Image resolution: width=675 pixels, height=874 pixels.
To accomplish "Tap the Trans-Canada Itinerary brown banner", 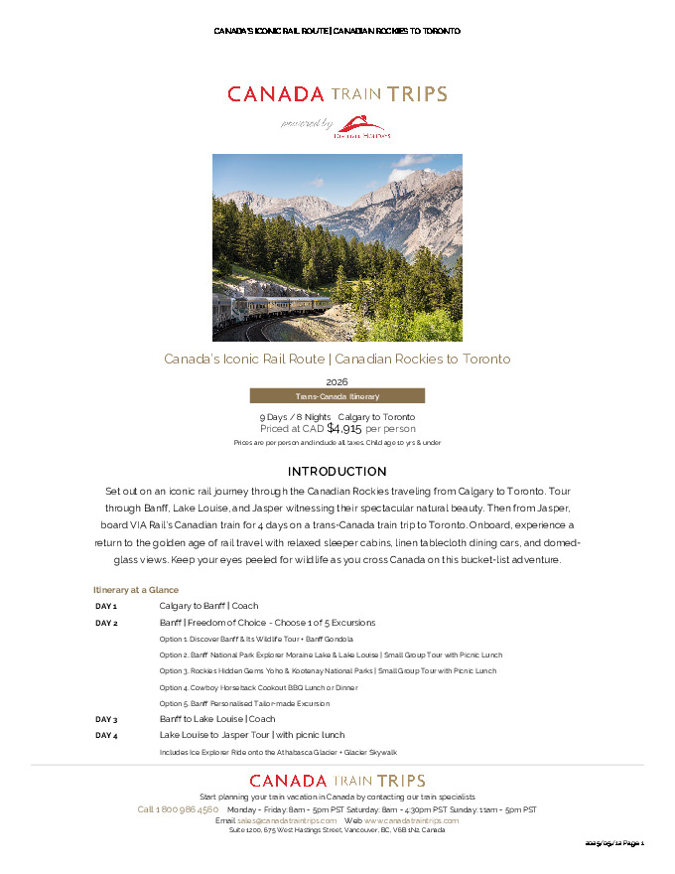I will pyautogui.click(x=337, y=395).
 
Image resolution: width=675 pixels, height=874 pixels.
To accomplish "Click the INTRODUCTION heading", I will pyautogui.click(x=337, y=471).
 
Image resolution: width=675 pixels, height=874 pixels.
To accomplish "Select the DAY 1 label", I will pyautogui.click(x=106, y=606).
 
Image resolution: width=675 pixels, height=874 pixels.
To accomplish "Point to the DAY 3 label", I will pyautogui.click(x=106, y=719).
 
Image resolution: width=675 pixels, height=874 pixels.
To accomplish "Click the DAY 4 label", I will pyautogui.click(x=106, y=736).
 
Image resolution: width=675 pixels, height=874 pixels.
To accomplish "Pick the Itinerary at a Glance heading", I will pyautogui.click(x=136, y=590).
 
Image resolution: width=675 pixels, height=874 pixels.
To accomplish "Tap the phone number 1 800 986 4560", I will pyautogui.click(x=178, y=809).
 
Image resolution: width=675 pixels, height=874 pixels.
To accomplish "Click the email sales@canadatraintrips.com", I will pyautogui.click(x=287, y=820).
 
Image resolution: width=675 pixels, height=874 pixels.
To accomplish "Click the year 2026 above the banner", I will pyautogui.click(x=337, y=381).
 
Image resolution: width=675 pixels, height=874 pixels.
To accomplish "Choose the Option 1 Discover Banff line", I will pyautogui.click(x=256, y=639).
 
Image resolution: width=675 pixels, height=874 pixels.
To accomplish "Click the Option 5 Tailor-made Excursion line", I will pyautogui.click(x=244, y=703).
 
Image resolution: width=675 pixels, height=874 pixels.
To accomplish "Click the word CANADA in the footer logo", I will pyautogui.click(x=288, y=782).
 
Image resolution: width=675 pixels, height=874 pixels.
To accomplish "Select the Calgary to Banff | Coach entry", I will pyautogui.click(x=208, y=606).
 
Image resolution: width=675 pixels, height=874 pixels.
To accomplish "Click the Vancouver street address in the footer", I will pyautogui.click(x=337, y=830).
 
